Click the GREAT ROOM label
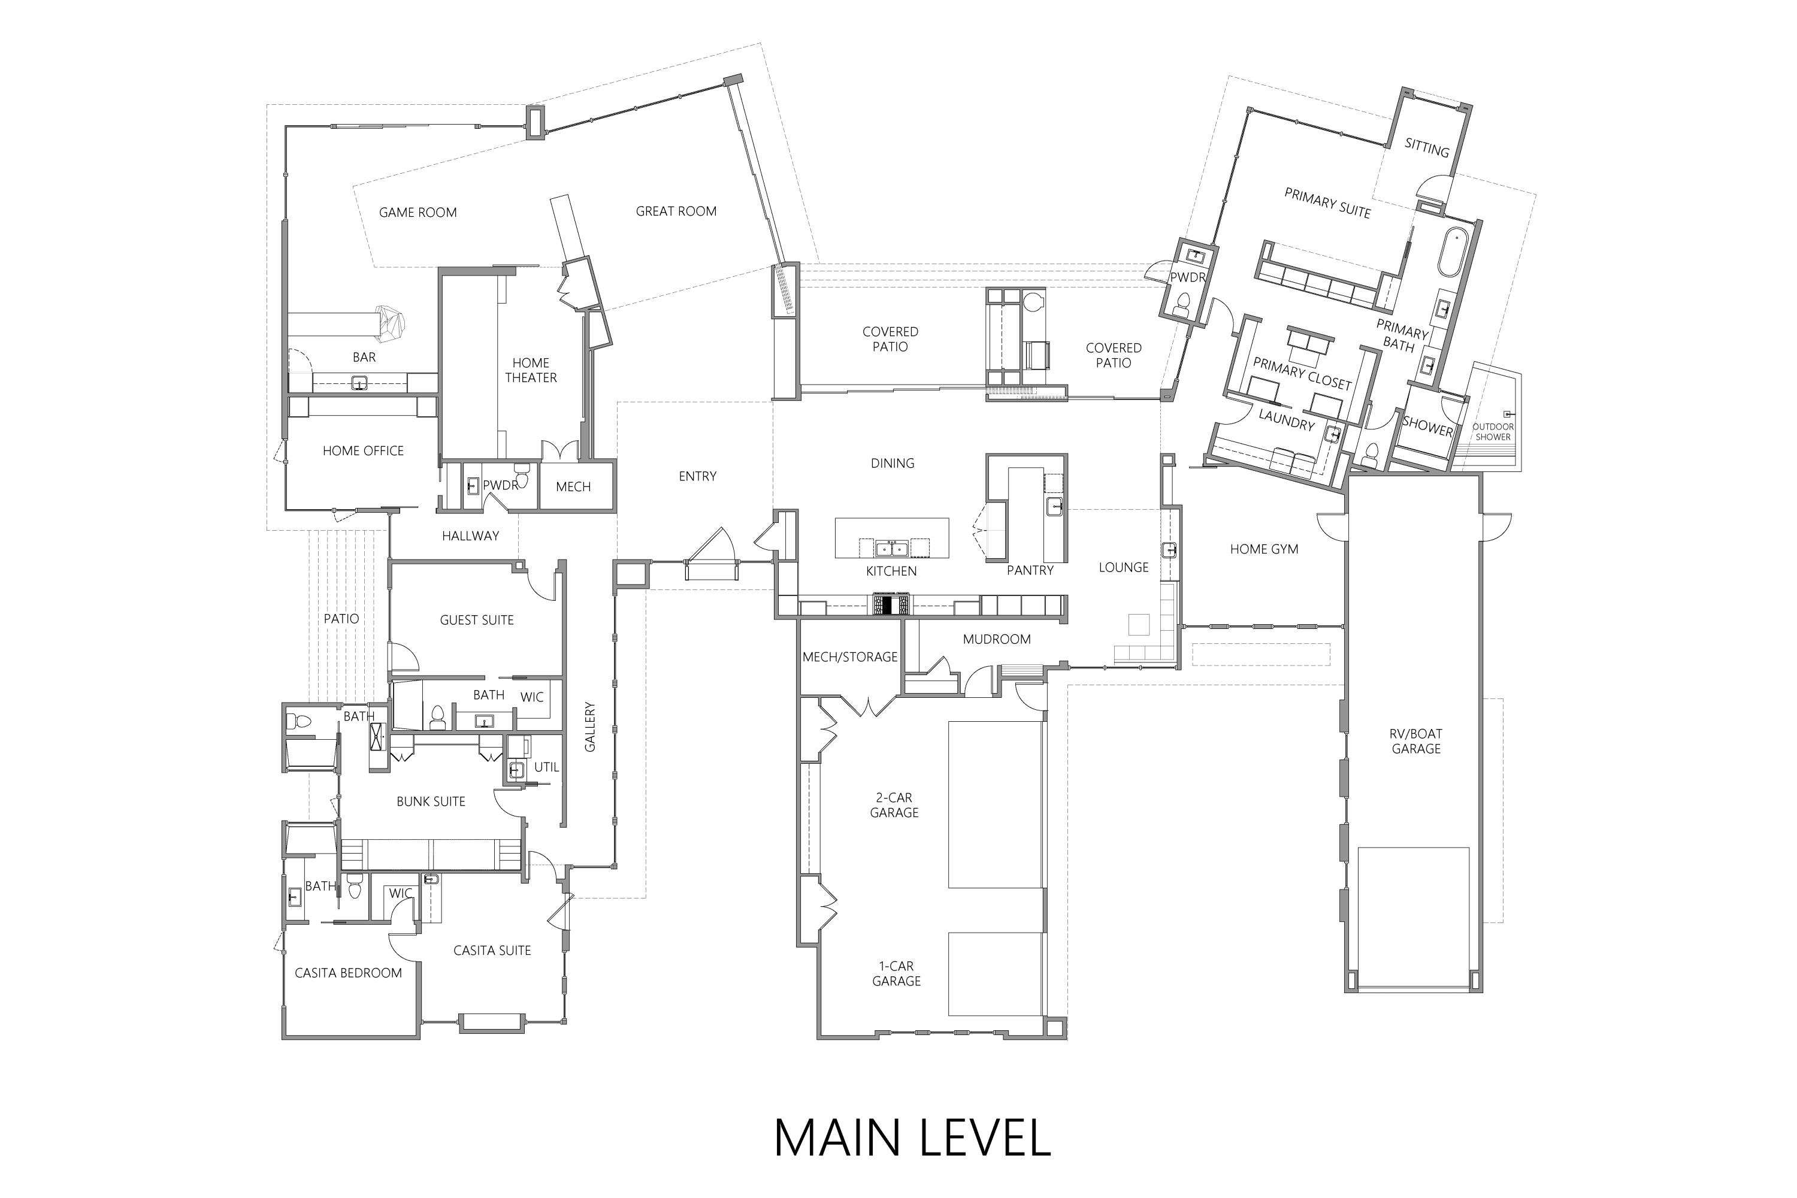[x=676, y=211]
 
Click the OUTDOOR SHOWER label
[x=1492, y=432]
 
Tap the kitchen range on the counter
[x=891, y=605]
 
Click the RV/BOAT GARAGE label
[x=1416, y=741]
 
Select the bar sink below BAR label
[x=358, y=383]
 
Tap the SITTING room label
[x=1426, y=147]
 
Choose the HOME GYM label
[x=1264, y=549]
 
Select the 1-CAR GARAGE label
[x=896, y=973]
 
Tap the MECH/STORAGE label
[x=849, y=657]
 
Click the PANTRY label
[x=1029, y=571]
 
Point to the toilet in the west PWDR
[x=522, y=468]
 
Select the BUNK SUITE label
[x=430, y=801]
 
